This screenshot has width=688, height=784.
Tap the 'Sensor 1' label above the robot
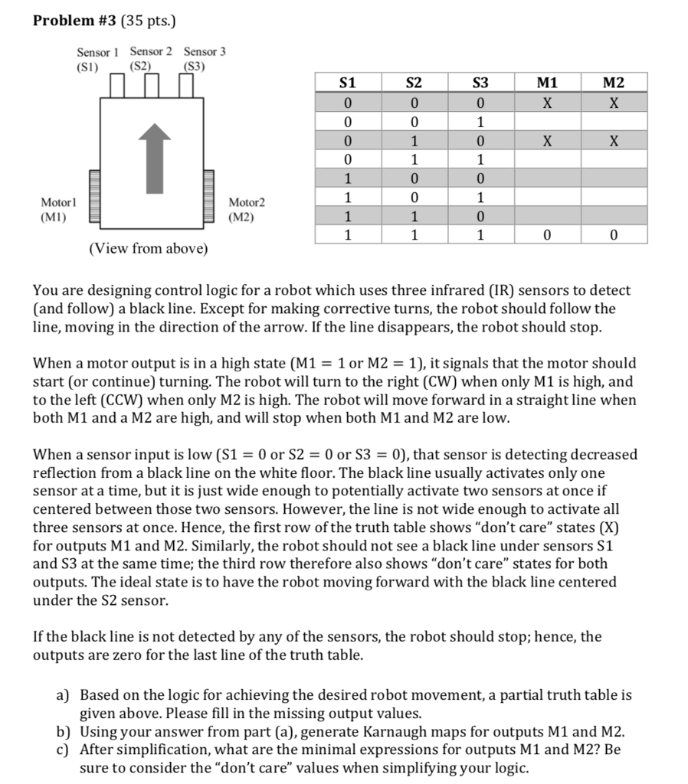[x=98, y=52]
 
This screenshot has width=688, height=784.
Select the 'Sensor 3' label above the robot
[x=205, y=52]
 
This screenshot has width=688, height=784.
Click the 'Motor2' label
[x=247, y=202]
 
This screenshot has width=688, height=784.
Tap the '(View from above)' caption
[x=148, y=250]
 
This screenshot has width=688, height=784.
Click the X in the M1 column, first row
[x=547, y=103]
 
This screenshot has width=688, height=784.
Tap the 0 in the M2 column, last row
[x=613, y=236]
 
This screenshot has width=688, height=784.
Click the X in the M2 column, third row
[x=613, y=141]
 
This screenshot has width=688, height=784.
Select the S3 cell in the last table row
[x=480, y=236]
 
